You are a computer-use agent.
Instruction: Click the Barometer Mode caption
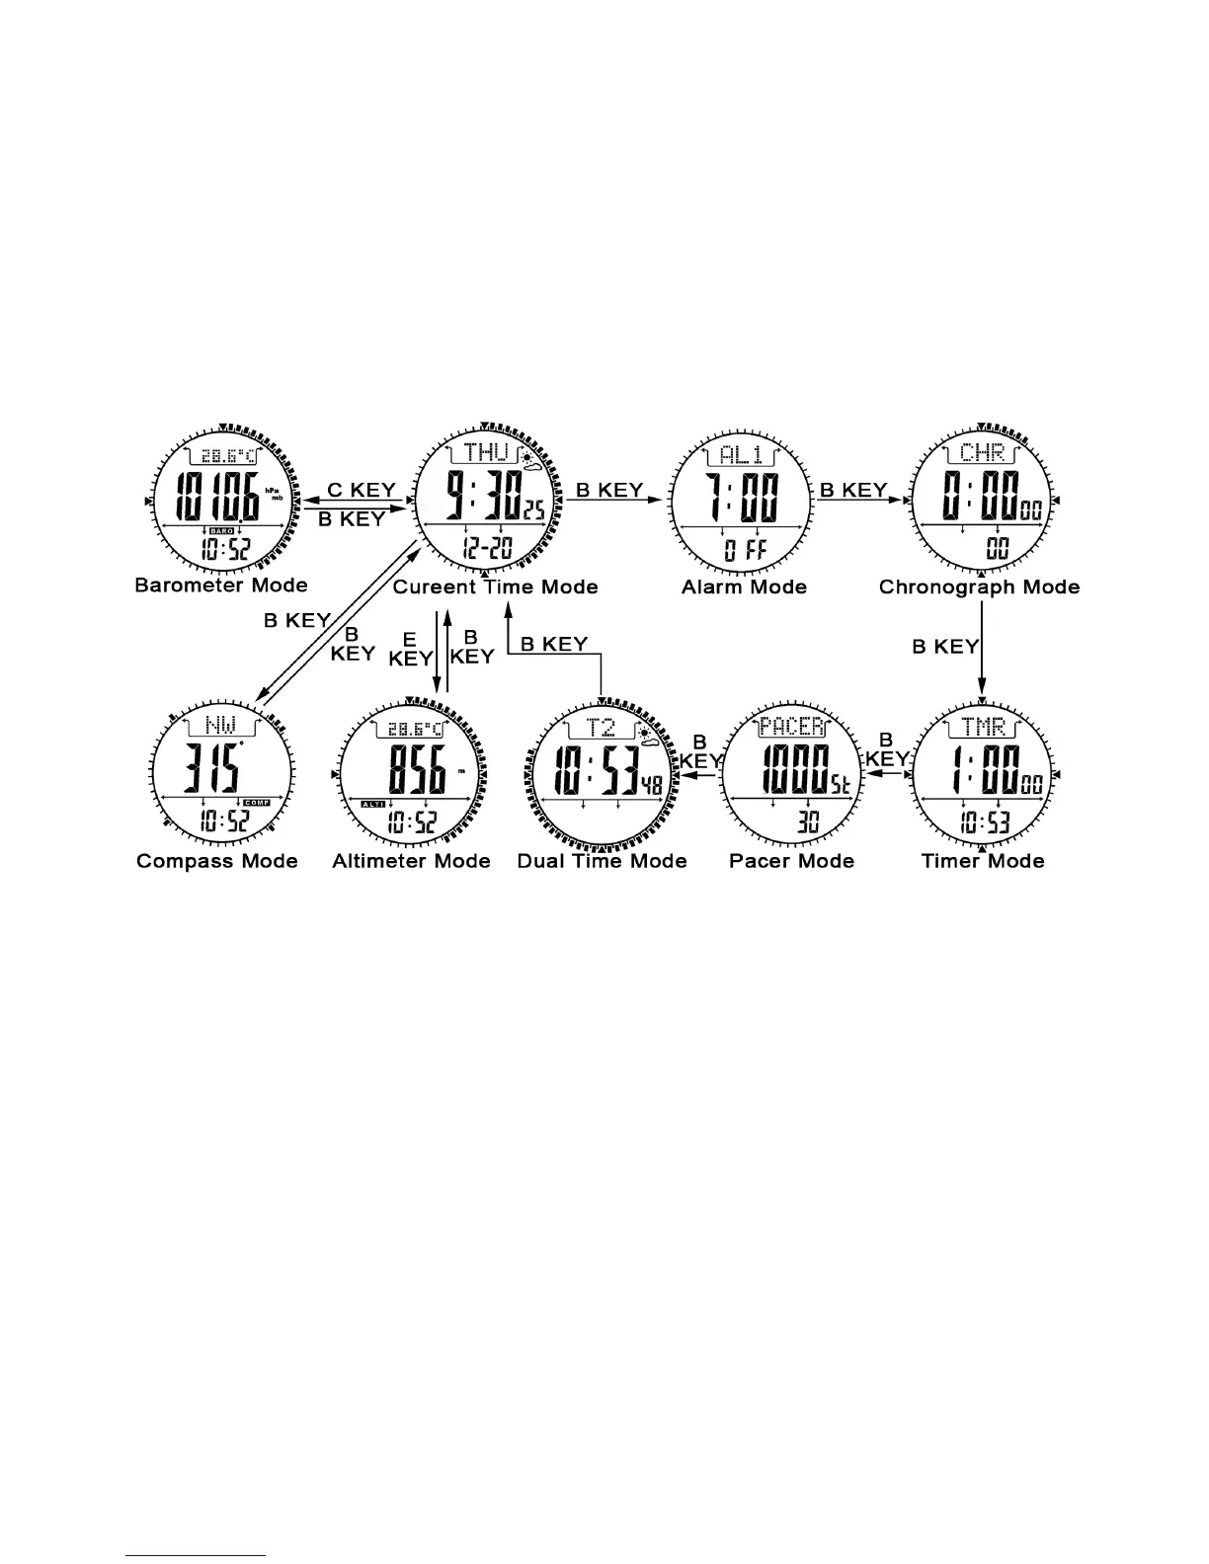[x=221, y=586]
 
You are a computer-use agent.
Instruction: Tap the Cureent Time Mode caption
[x=496, y=587]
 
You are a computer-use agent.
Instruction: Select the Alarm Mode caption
[x=744, y=587]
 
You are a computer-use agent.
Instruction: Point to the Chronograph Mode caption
[x=979, y=587]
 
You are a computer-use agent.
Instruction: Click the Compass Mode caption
[x=217, y=861]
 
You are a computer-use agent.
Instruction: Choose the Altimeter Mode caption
[x=411, y=861]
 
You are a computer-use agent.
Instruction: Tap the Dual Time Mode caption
[x=602, y=861]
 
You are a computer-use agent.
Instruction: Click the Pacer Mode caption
[x=791, y=861]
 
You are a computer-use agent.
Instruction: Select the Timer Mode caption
[x=982, y=861]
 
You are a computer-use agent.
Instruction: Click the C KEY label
[x=361, y=490]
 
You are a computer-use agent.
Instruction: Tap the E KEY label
[x=410, y=649]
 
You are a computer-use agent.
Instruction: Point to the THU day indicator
[x=486, y=453]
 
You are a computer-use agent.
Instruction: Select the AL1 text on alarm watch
[x=741, y=454]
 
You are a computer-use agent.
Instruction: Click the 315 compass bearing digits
[x=209, y=770]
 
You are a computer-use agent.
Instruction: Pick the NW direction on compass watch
[x=218, y=727]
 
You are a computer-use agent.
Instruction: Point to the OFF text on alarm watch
[x=743, y=550]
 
